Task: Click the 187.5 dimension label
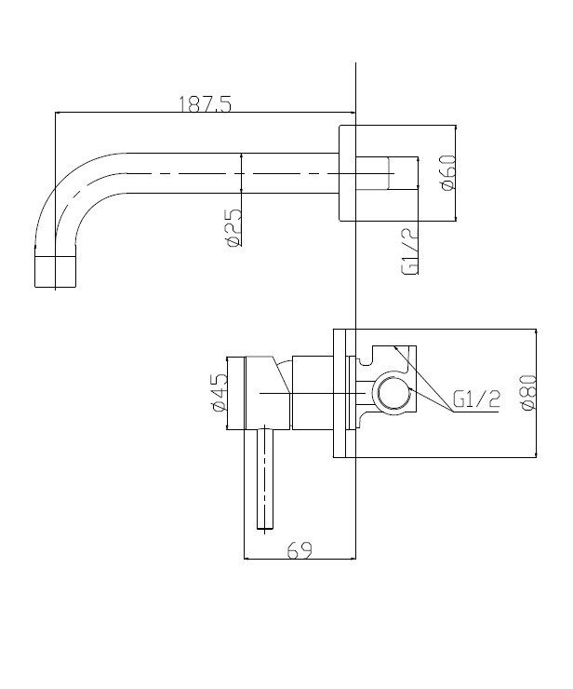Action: coord(205,104)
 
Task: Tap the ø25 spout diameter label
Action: coord(233,227)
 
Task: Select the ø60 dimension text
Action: coord(447,172)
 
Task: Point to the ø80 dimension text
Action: coord(528,392)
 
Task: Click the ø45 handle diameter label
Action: coord(219,392)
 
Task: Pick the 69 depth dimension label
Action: coord(300,549)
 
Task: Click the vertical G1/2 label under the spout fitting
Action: coord(409,252)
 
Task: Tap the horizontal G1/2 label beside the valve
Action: coord(476,399)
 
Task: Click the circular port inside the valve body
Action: coord(393,392)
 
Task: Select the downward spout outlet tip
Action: coord(55,272)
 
